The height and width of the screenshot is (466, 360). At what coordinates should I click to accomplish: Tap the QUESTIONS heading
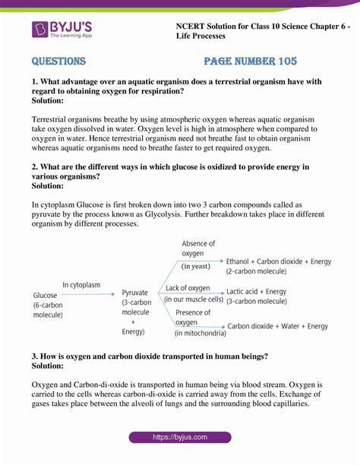coord(58,62)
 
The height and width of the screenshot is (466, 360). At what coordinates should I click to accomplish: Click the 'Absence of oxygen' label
coord(199,249)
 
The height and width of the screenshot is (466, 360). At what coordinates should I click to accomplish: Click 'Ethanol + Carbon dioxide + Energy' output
coord(279,262)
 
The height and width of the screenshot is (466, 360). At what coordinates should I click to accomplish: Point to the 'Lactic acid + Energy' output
coord(257,291)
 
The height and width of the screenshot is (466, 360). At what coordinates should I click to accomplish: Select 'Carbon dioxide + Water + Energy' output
coord(279,326)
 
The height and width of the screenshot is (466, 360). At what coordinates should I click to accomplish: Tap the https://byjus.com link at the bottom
coord(180,438)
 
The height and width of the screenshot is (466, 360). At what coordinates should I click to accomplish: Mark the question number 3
coord(35,357)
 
